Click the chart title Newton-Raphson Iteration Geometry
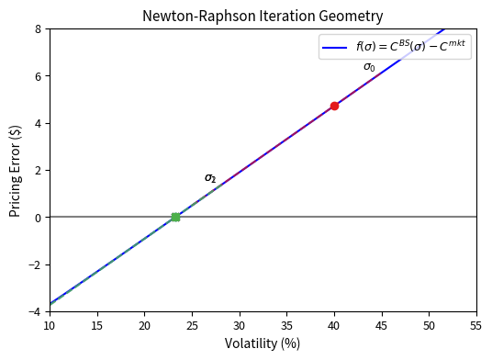263,16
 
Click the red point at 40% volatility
334,106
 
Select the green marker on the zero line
175,217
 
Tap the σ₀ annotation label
369,67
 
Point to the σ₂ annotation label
210,178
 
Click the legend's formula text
412,47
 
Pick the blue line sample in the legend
334,48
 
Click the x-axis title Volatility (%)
263,343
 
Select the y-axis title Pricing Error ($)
16,170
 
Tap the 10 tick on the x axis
50,326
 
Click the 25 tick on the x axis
192,326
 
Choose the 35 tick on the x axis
286,326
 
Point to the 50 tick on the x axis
429,326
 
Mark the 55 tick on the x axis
476,326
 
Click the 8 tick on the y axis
38,28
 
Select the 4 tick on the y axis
38,123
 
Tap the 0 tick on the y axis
38,217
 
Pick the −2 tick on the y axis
34,264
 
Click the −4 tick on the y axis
34,311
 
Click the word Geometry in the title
350,16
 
